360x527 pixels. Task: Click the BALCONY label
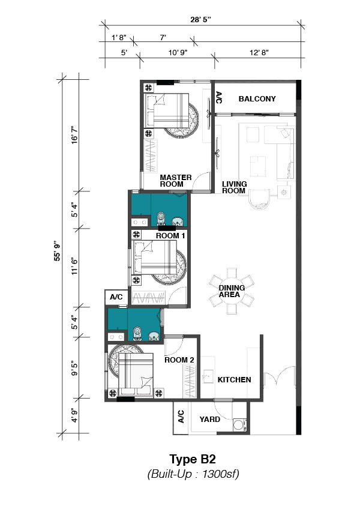257,99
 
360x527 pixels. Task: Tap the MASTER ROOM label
176,181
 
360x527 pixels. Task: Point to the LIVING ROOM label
235,187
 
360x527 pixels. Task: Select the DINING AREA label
232,291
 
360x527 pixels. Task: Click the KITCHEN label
234,380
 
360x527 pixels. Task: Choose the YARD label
210,420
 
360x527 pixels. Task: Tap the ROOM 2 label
179,360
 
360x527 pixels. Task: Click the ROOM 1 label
170,236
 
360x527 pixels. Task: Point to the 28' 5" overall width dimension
200,19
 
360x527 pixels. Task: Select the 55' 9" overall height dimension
58,251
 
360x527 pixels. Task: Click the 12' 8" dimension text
259,52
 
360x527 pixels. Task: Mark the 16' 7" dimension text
74,135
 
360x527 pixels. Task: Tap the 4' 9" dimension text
74,415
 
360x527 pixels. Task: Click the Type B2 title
193,459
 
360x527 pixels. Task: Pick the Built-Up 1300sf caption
193,474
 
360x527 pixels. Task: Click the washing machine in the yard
240,425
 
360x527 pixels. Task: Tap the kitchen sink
208,376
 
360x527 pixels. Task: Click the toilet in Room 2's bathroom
137,333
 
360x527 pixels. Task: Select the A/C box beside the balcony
218,97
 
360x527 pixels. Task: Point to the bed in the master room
166,110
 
